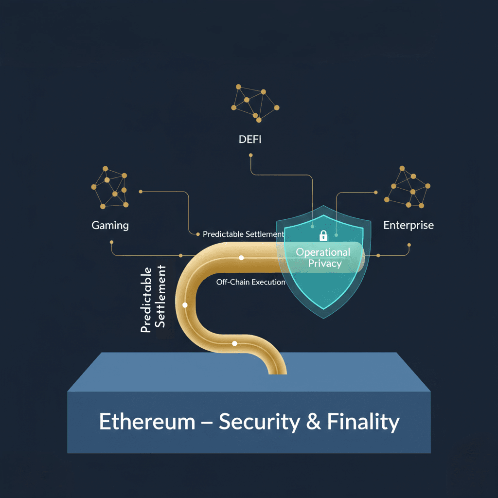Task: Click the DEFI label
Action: (250, 140)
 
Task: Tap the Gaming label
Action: (110, 225)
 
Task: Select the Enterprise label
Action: (409, 225)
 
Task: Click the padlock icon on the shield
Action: (323, 236)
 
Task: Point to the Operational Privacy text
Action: (323, 258)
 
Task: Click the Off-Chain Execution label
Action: (250, 282)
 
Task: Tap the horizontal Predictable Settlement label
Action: (243, 234)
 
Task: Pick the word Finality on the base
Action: (363, 422)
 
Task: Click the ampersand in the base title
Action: (314, 422)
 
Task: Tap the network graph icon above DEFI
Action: (255, 103)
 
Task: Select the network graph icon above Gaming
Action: (110, 187)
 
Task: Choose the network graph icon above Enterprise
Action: (407, 187)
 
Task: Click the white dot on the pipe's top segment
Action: (241, 258)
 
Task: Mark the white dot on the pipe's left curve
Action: (185, 305)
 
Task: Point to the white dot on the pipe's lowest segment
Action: (234, 343)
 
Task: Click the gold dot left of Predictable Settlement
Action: (198, 234)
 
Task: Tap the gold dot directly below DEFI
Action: (251, 156)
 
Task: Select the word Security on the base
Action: (259, 422)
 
